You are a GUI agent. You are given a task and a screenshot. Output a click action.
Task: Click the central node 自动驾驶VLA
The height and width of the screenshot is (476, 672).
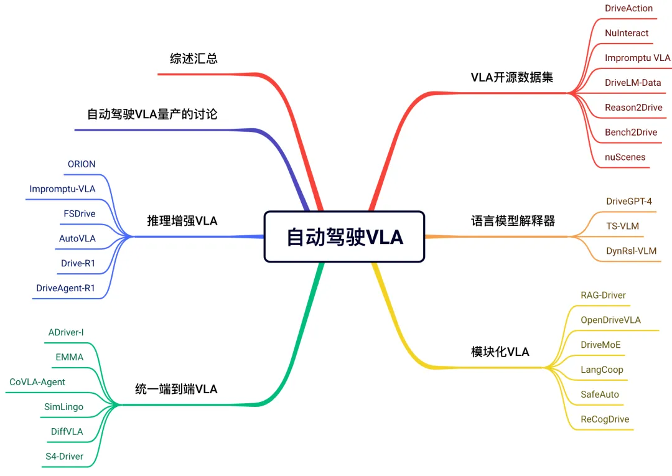pyautogui.click(x=344, y=236)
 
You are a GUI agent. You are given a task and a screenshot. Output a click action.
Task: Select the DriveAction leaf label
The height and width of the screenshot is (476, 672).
pyautogui.click(x=628, y=8)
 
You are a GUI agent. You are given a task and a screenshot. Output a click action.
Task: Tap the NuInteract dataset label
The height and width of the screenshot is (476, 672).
pyautogui.click(x=627, y=33)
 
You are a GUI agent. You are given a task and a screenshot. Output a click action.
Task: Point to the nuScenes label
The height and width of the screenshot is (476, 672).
pyautogui.click(x=625, y=157)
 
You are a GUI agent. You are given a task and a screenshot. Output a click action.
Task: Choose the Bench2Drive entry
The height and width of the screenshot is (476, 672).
pyautogui.click(x=631, y=132)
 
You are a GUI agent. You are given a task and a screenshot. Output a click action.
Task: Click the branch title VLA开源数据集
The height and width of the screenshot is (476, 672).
pyautogui.click(x=512, y=77)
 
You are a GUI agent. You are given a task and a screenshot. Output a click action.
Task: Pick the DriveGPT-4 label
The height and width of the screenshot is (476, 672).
pyautogui.click(x=629, y=201)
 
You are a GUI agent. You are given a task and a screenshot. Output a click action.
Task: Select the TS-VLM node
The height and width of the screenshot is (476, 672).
pyautogui.click(x=622, y=226)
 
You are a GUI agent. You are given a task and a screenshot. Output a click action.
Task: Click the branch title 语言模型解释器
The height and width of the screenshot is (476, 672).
pyautogui.click(x=513, y=220)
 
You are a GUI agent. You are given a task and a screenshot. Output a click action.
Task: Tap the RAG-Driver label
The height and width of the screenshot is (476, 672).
pyautogui.click(x=603, y=295)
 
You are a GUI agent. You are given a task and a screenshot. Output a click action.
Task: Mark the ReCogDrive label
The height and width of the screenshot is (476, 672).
pyautogui.click(x=605, y=419)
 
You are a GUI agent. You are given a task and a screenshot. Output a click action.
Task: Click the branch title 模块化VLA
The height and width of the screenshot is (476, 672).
pyautogui.click(x=500, y=352)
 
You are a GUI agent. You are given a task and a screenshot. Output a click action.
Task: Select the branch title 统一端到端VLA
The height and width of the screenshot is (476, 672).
pyautogui.click(x=176, y=389)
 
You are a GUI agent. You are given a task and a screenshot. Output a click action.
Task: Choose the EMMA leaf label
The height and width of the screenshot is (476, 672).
pyautogui.click(x=69, y=357)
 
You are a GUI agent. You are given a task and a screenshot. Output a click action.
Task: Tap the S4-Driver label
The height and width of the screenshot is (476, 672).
pyautogui.click(x=64, y=457)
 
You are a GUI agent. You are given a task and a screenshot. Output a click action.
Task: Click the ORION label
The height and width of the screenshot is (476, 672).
pyautogui.click(x=82, y=164)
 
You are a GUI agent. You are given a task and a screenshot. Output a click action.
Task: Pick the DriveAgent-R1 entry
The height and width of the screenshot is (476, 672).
pyautogui.click(x=65, y=288)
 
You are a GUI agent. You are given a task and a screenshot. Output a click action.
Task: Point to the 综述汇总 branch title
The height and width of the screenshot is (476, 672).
pyautogui.click(x=194, y=58)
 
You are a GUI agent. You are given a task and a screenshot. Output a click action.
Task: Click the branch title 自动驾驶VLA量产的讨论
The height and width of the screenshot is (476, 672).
pyautogui.click(x=152, y=114)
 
